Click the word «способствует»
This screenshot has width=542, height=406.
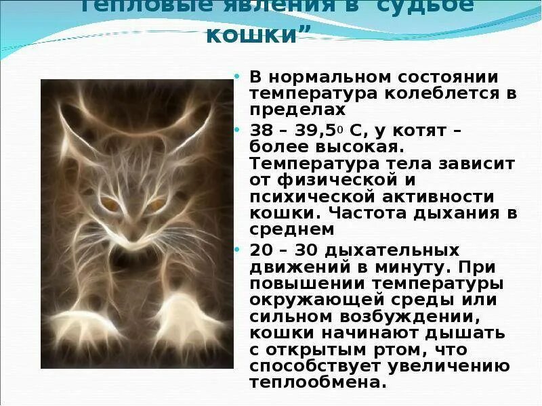tap(314, 366)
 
